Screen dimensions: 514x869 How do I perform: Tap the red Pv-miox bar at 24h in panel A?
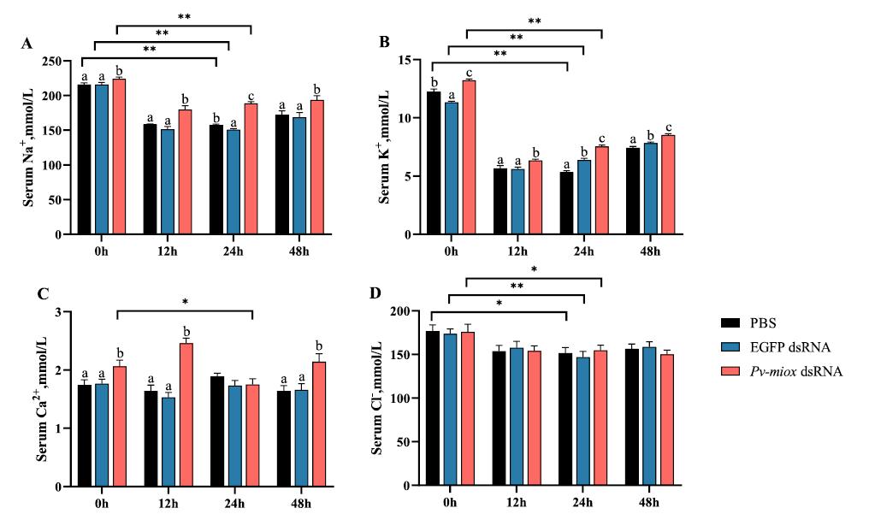[251, 168]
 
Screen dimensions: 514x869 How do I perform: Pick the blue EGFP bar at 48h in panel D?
[650, 417]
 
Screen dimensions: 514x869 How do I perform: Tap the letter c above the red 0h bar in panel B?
[469, 72]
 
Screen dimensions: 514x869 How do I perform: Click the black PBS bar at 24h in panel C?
[217, 431]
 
